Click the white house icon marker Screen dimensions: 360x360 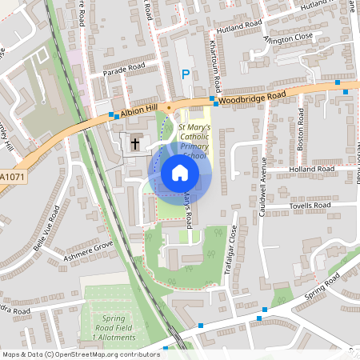coord(179,173)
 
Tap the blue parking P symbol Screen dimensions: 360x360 coord(186,74)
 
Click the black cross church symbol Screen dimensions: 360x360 coord(135,144)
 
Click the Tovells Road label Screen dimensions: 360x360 coord(308,206)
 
